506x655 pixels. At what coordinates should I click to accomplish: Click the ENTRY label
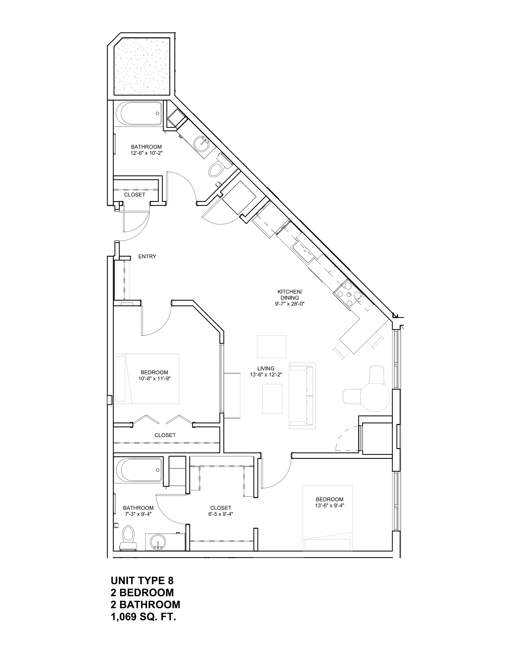click(147, 257)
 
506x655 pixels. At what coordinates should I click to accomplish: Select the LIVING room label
click(266, 369)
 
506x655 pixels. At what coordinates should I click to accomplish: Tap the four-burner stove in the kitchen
click(349, 294)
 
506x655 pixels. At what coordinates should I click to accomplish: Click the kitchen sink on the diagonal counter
click(303, 251)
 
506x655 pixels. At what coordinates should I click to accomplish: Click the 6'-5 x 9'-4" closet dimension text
click(221, 514)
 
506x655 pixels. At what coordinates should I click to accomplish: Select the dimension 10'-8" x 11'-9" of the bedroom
click(154, 378)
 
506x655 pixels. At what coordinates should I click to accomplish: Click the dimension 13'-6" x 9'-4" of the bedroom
click(329, 505)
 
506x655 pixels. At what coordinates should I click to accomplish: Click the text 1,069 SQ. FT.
click(143, 617)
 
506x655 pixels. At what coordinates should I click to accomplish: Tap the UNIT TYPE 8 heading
click(142, 581)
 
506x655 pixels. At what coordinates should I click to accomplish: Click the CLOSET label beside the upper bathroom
click(135, 195)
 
